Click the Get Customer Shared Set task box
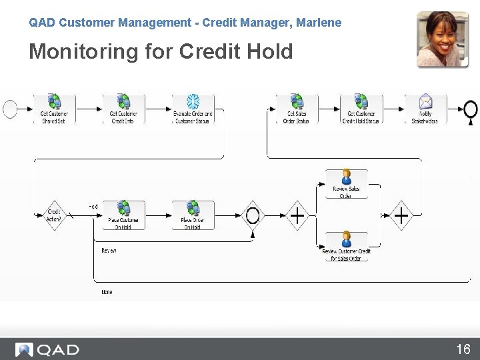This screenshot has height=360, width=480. [x=54, y=109]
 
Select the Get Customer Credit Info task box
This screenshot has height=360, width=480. [x=123, y=109]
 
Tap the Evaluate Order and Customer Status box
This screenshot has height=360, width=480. [x=193, y=109]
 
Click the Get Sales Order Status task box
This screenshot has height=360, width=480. [x=297, y=109]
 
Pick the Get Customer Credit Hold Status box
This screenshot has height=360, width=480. [x=361, y=109]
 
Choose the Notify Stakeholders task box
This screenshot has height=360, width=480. [x=425, y=109]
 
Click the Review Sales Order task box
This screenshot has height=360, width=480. [x=346, y=184]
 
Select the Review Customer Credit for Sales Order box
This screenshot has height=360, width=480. [x=346, y=246]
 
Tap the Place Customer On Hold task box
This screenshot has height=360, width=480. [x=123, y=215]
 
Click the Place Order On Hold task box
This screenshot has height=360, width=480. [x=193, y=215]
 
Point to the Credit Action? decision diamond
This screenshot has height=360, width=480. [x=53, y=215]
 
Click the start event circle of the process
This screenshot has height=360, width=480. [x=10, y=109]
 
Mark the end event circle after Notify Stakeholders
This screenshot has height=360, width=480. [x=471, y=108]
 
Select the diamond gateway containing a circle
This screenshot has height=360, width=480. [x=252, y=215]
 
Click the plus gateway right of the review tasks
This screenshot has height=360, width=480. [x=401, y=215]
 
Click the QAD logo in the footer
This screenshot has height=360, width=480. [x=48, y=349]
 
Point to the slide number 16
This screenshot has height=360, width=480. [x=463, y=349]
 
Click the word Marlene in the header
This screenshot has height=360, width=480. [x=319, y=23]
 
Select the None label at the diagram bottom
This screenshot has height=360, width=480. [x=107, y=292]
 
